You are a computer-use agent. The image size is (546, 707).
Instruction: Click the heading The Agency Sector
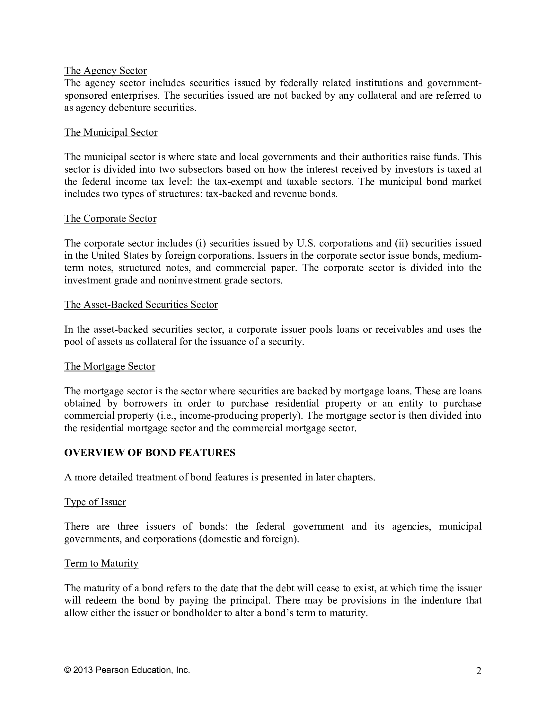click(x=105, y=71)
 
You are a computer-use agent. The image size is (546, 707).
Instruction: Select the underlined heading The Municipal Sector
click(x=110, y=132)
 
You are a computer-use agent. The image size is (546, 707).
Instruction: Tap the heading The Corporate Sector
click(x=110, y=219)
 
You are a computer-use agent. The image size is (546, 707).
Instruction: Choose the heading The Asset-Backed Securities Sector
click(x=141, y=305)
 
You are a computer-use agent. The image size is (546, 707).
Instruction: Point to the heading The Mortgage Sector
click(x=109, y=366)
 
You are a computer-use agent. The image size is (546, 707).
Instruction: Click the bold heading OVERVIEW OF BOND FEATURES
click(x=149, y=452)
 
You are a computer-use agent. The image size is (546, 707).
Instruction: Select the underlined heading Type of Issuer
click(x=95, y=502)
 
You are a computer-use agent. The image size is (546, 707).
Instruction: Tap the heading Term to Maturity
click(x=101, y=563)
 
